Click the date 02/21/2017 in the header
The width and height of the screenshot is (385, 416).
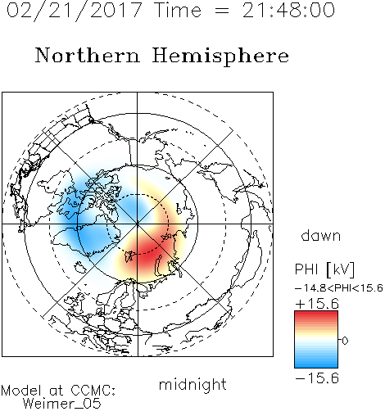point(74,11)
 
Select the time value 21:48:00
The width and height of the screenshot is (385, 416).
point(288,10)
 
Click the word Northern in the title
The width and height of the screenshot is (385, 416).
point(87,55)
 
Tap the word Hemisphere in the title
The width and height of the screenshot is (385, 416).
point(220,57)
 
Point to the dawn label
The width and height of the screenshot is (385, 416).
point(321,235)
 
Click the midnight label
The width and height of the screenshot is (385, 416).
point(192,384)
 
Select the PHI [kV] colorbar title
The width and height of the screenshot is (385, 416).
point(324,269)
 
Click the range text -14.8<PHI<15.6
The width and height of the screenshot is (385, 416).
point(339,288)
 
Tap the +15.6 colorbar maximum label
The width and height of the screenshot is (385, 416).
point(317,304)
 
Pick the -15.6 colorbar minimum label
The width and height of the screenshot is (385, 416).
point(317,378)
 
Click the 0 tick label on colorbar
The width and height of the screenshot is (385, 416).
point(345,341)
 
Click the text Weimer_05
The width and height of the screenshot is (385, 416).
point(62,404)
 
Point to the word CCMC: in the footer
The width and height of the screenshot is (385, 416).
point(93,391)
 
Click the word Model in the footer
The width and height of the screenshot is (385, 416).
point(21,391)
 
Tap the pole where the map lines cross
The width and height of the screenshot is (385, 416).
point(138,224)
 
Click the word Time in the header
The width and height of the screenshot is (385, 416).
point(178,10)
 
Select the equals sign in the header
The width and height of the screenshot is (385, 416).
point(222,11)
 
